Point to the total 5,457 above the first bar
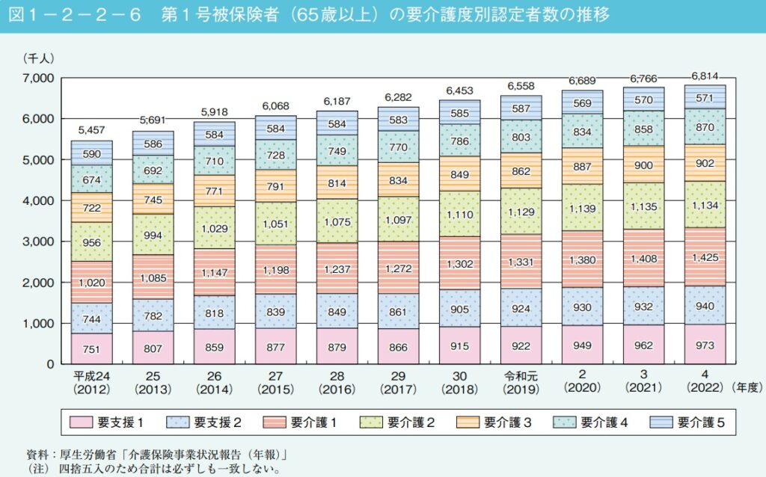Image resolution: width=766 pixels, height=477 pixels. [92, 131]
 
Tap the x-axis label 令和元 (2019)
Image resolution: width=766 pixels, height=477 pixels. [521, 381]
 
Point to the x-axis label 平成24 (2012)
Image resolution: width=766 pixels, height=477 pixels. [92, 381]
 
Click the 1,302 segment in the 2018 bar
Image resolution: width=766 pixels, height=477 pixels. [459, 263]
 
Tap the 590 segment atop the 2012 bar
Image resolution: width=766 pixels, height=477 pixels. [92, 153]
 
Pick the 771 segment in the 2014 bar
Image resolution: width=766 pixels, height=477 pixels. [215, 190]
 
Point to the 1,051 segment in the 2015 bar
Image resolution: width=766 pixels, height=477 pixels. [276, 223]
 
